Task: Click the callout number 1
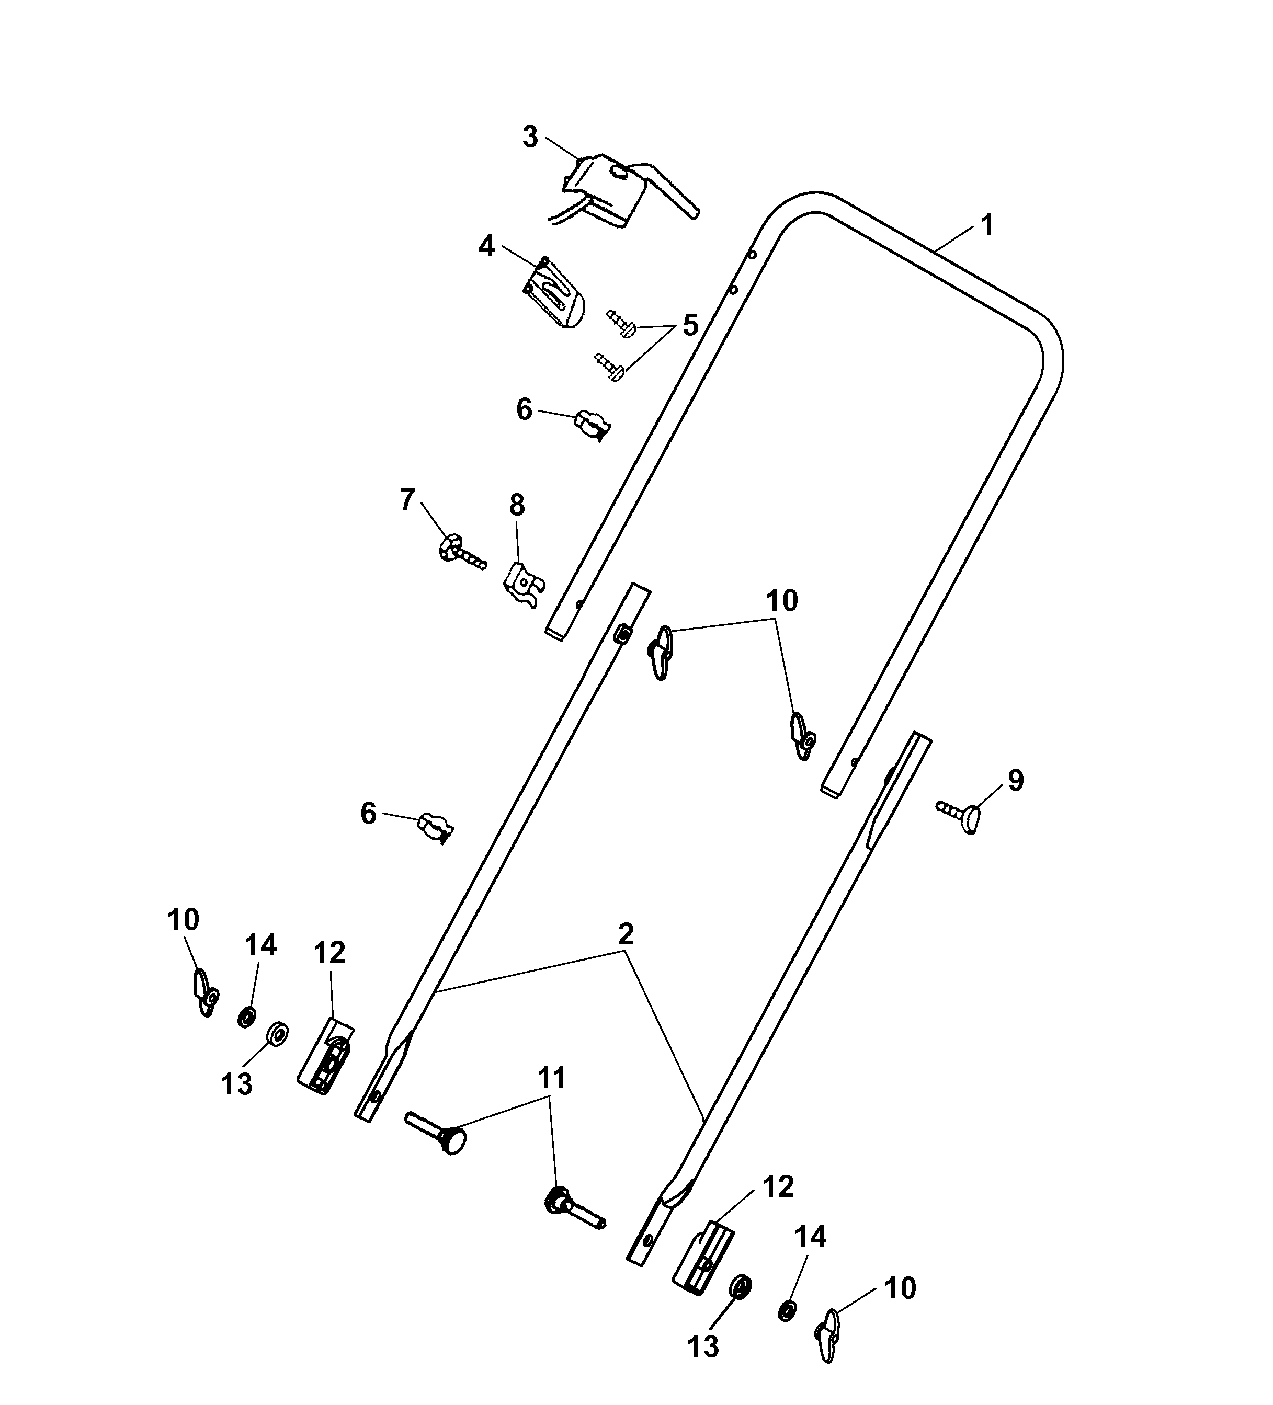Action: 986,225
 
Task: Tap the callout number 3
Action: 530,138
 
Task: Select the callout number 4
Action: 486,245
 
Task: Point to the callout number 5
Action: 690,325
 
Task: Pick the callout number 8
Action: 517,505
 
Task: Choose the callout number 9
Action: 1016,781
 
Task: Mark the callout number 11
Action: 551,1078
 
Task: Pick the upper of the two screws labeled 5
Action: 622,324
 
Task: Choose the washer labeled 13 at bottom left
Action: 279,1033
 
